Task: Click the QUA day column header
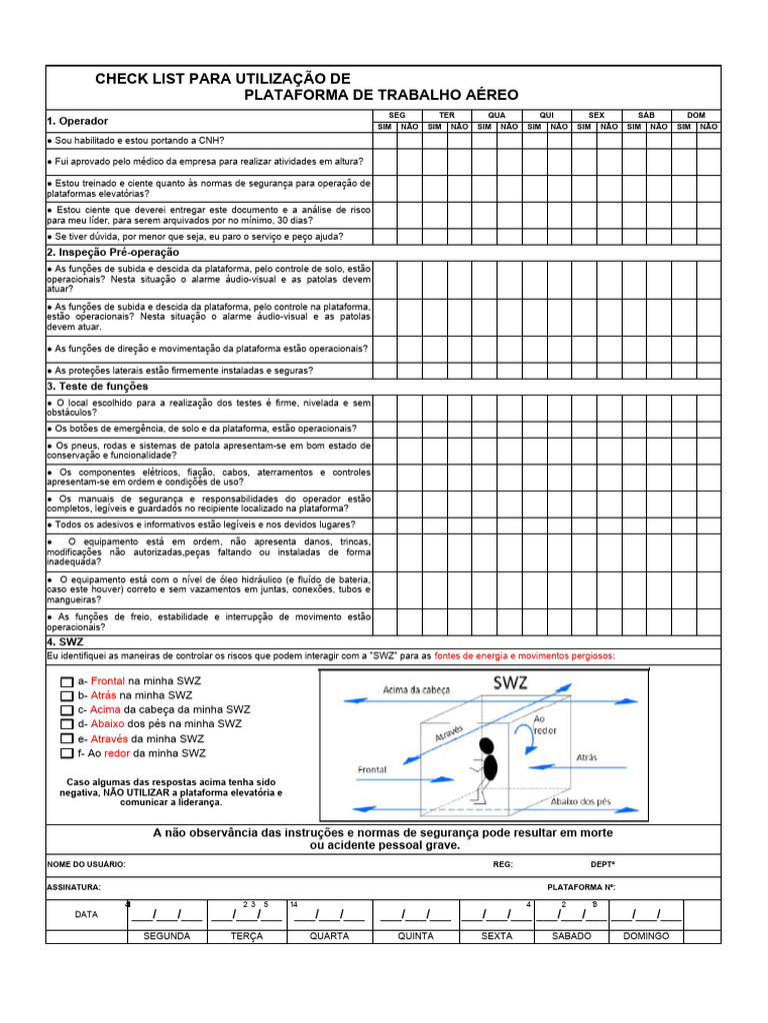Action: [497, 115]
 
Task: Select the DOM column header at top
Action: [696, 115]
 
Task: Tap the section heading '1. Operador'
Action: [77, 121]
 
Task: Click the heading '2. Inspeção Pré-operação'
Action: [113, 253]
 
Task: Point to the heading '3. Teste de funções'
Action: [97, 386]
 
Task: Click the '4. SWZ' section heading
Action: [65, 641]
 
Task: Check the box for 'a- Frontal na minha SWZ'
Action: [67, 680]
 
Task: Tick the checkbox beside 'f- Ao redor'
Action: [67, 754]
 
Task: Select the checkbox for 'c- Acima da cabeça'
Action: [67, 709]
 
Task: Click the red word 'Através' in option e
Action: [109, 739]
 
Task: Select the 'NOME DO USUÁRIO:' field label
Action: [86, 864]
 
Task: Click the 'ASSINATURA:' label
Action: [74, 887]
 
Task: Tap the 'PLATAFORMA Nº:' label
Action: [581, 887]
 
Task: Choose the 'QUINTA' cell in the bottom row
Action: [416, 936]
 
